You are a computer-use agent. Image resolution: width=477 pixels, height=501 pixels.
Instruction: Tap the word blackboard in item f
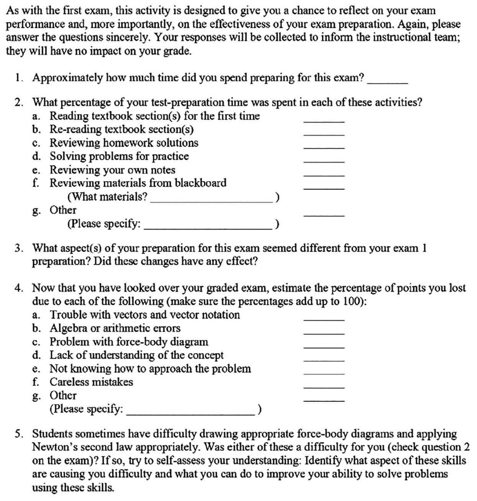click(200, 183)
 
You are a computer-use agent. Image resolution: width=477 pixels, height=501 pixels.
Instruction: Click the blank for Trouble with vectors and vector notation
click(324, 319)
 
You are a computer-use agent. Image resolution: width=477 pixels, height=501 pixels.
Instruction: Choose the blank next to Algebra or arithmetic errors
click(324, 333)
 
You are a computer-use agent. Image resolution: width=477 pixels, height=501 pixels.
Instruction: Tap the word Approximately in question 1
click(67, 78)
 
